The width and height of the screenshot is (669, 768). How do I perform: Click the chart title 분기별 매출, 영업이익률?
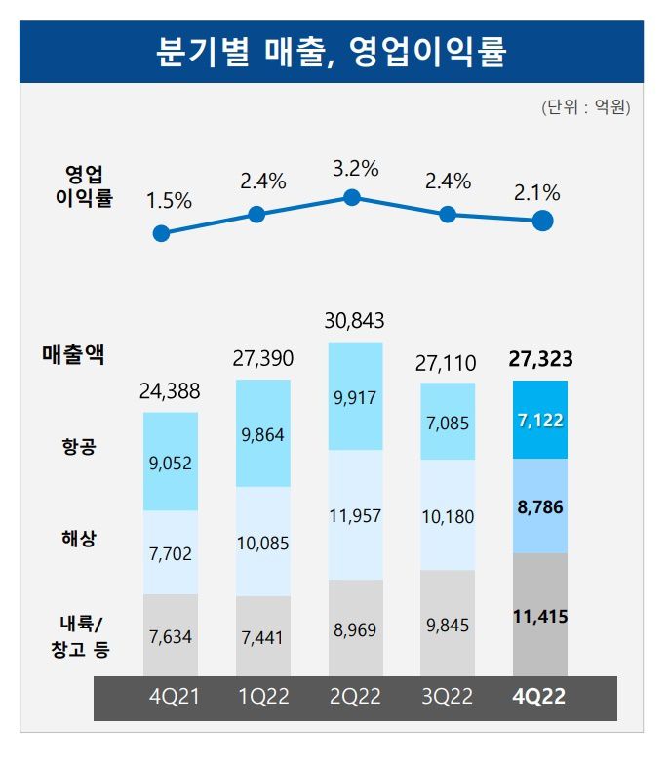point(332,51)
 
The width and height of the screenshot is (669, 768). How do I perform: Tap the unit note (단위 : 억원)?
point(585,107)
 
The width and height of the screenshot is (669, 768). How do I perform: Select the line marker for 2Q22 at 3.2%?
point(353,198)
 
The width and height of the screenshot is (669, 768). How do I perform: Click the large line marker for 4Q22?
point(543,222)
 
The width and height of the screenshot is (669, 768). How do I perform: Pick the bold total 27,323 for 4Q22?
point(540,359)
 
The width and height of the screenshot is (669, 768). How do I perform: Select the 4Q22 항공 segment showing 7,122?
point(540,420)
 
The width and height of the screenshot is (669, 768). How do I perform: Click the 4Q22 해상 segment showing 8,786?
point(540,506)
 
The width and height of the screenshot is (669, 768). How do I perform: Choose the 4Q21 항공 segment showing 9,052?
point(171,463)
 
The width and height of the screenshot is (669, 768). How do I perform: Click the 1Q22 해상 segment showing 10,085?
point(263,542)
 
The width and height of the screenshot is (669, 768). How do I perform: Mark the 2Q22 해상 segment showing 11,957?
point(356,514)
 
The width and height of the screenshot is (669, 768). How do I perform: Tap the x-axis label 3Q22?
point(448,698)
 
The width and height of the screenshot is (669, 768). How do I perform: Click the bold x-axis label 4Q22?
point(540,698)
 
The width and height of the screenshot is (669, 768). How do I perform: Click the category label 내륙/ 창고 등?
point(80,634)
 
